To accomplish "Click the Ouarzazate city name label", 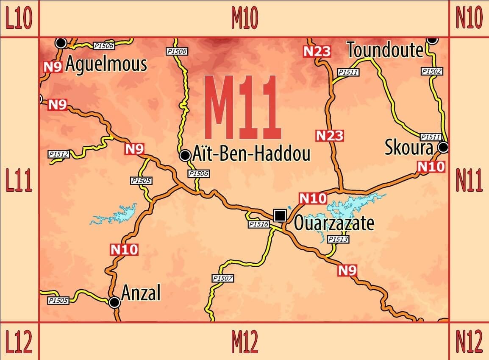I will [334, 223].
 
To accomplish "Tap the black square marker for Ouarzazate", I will [279, 215].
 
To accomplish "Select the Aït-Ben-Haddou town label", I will [251, 154].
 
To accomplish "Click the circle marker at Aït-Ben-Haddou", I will [185, 155].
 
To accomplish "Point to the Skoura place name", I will [409, 148].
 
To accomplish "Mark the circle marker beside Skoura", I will [443, 148].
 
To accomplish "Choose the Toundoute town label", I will [385, 50].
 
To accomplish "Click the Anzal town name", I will [141, 293].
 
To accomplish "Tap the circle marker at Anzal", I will [114, 302].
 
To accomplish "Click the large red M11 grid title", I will [243, 108].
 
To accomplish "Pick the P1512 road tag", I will [59, 154].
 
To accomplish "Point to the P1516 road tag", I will [258, 224].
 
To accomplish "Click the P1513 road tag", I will [338, 240].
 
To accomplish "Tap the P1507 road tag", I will [222, 278].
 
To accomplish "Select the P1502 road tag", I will [431, 71].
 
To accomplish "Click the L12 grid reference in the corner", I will [19, 341].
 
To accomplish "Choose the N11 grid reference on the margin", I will [469, 181].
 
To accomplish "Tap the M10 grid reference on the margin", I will [244, 18].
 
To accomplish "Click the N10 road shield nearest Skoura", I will [431, 167].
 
